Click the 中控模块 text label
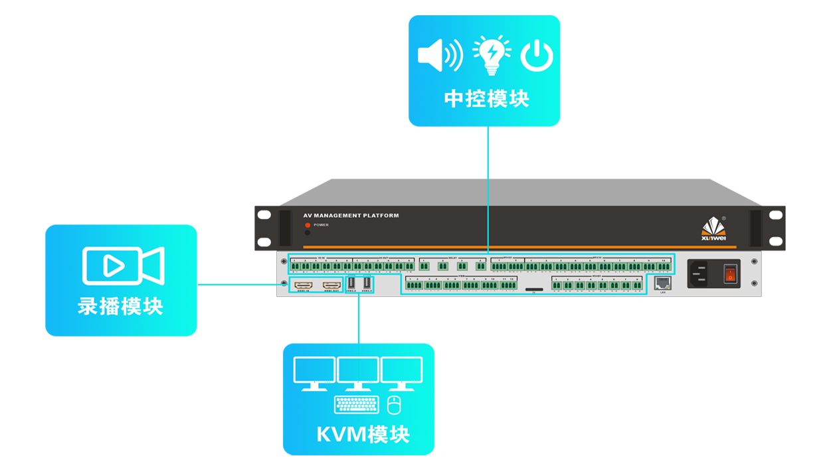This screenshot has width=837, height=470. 486,99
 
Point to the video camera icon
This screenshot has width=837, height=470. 123,266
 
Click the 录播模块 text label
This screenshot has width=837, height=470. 120,306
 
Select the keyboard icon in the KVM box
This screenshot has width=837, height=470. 357,404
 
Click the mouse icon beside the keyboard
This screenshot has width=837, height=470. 395,404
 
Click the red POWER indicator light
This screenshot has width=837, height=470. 308,225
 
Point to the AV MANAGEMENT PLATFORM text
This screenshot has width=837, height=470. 351,216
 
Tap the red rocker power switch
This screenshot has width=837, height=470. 731,272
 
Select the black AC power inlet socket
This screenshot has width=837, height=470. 699,272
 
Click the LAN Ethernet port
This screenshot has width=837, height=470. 662,283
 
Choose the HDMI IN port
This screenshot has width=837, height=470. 304,285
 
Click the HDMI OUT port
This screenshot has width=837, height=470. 332,285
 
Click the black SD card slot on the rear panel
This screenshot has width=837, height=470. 533,289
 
